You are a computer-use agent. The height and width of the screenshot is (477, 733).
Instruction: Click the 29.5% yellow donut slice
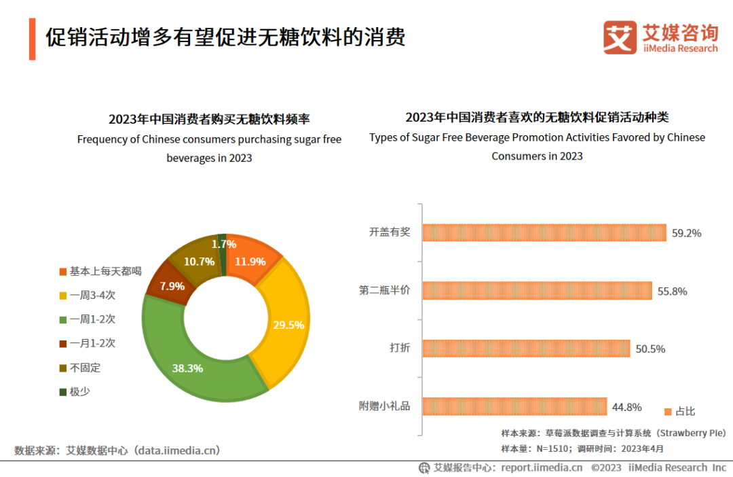click(285, 325)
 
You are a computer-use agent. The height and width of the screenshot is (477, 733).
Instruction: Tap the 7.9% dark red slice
click(171, 285)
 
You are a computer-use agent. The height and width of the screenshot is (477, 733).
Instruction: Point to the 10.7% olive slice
click(198, 261)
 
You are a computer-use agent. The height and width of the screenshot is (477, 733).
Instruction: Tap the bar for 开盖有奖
click(544, 232)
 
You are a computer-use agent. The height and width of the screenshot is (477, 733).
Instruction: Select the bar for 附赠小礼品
click(514, 406)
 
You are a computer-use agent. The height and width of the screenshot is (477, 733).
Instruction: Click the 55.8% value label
click(672, 291)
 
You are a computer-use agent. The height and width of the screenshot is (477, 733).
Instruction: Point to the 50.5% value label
click(650, 349)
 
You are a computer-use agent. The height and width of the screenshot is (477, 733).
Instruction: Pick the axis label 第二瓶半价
click(384, 291)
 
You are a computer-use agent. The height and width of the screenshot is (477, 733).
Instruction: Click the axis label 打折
click(399, 349)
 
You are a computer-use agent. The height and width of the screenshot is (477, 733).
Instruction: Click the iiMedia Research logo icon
click(620, 37)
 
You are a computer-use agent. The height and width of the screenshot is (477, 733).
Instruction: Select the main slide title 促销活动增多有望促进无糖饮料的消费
click(225, 37)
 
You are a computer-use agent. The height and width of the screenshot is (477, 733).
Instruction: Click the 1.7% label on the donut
click(224, 244)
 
